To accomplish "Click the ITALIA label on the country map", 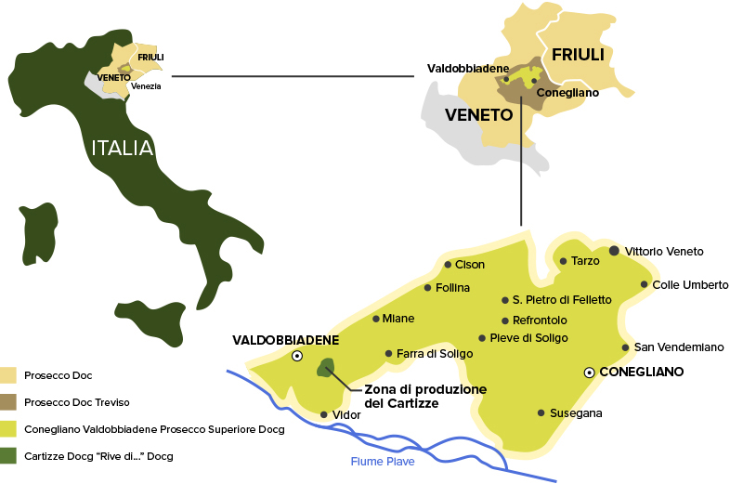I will point(122,148).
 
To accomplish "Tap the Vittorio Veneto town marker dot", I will point(614,251).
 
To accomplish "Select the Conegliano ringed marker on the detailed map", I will point(589,373).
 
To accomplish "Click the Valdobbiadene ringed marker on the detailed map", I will point(297,356).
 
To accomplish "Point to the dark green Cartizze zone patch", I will point(326,368).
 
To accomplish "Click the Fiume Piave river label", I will point(382,461).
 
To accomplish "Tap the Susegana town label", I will point(576,412).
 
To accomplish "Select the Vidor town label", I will point(345,415).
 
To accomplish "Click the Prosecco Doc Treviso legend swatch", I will point(9,402).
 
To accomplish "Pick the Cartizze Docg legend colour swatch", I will point(9,456).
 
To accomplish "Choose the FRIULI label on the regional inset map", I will point(578,55).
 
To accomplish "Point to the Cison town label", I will point(470,265).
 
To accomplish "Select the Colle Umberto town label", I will point(690,285).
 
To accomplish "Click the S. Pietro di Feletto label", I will point(562,300).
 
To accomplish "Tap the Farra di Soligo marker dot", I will point(388,353).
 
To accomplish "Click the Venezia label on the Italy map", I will point(146,86).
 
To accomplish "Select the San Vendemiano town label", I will point(678,347).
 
